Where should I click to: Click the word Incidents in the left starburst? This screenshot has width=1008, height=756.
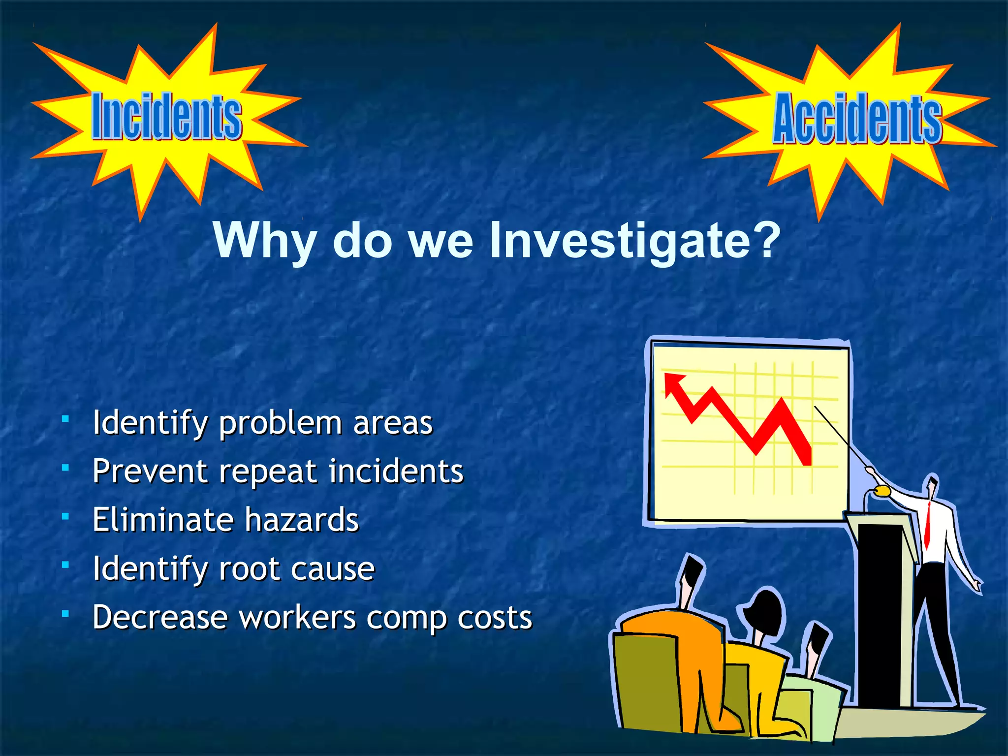click(166, 117)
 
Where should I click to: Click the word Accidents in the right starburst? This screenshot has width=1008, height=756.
click(857, 119)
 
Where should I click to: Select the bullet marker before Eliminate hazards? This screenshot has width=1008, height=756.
click(65, 516)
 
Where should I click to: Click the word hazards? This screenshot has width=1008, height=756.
click(302, 520)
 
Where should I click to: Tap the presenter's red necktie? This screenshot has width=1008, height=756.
click(927, 524)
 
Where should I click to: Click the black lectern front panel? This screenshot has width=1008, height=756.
click(883, 615)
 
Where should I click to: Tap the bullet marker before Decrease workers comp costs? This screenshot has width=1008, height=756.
click(65, 614)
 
